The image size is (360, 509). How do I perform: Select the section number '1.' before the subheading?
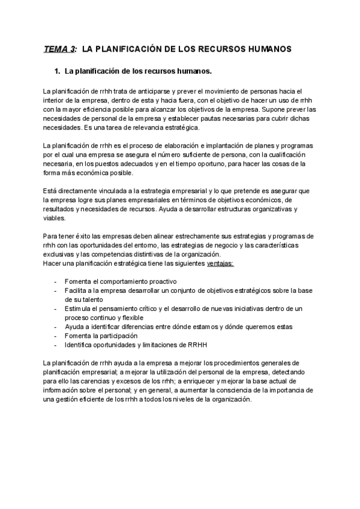(58, 72)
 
